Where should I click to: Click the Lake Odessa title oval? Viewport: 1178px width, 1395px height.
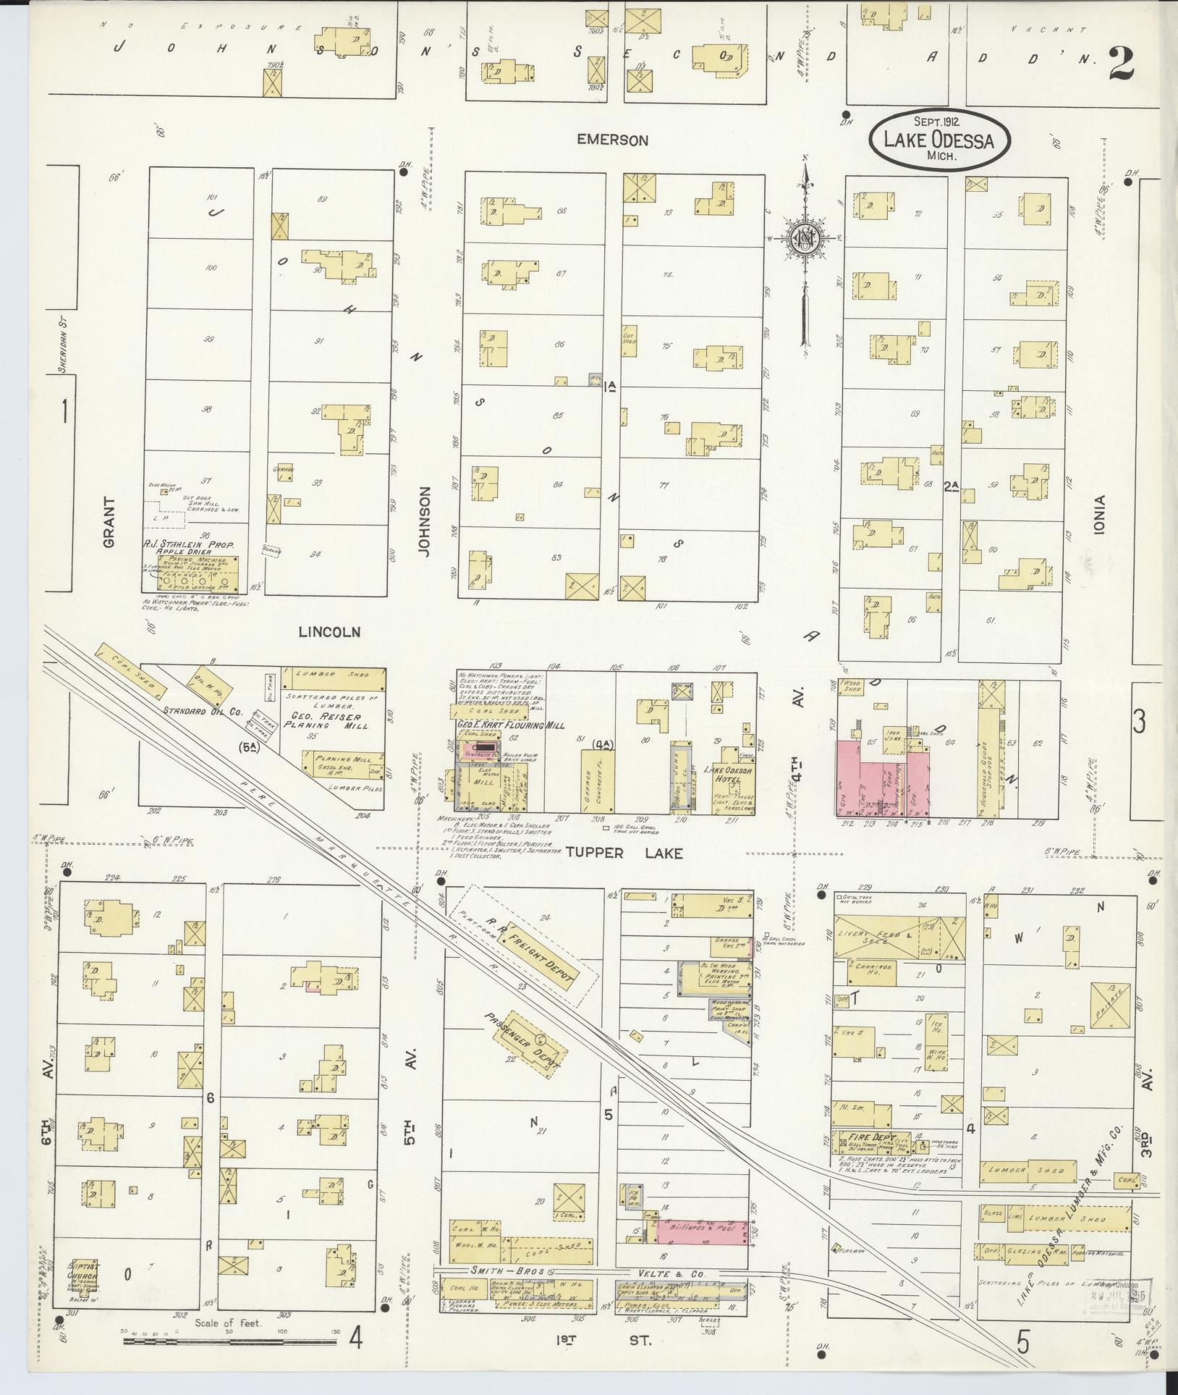pos(940,140)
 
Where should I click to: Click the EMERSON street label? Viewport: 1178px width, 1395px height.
pos(612,140)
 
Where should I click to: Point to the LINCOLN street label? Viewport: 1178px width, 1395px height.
pos(329,632)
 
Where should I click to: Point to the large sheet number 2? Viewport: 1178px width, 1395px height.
pos(1119,62)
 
